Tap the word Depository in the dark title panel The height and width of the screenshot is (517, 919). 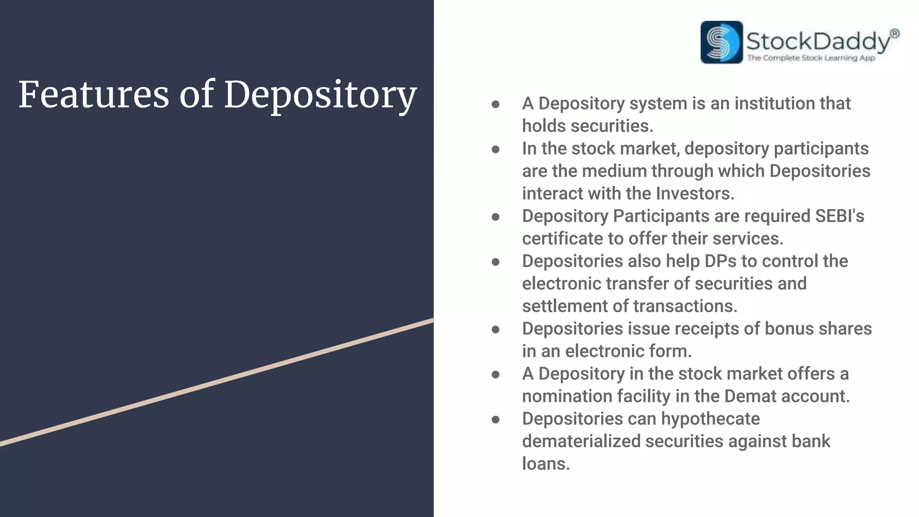320,96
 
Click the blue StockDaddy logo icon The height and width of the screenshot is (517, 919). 721,42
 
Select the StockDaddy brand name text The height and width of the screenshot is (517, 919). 817,41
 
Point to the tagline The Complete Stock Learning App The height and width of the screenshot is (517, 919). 811,58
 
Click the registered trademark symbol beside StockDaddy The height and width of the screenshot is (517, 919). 894,34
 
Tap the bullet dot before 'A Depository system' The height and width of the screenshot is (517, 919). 495,105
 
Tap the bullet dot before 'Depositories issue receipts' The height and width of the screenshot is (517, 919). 495,330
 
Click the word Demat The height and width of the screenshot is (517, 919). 750,396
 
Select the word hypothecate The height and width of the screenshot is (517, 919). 710,419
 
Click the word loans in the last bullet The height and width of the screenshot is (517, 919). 546,464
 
